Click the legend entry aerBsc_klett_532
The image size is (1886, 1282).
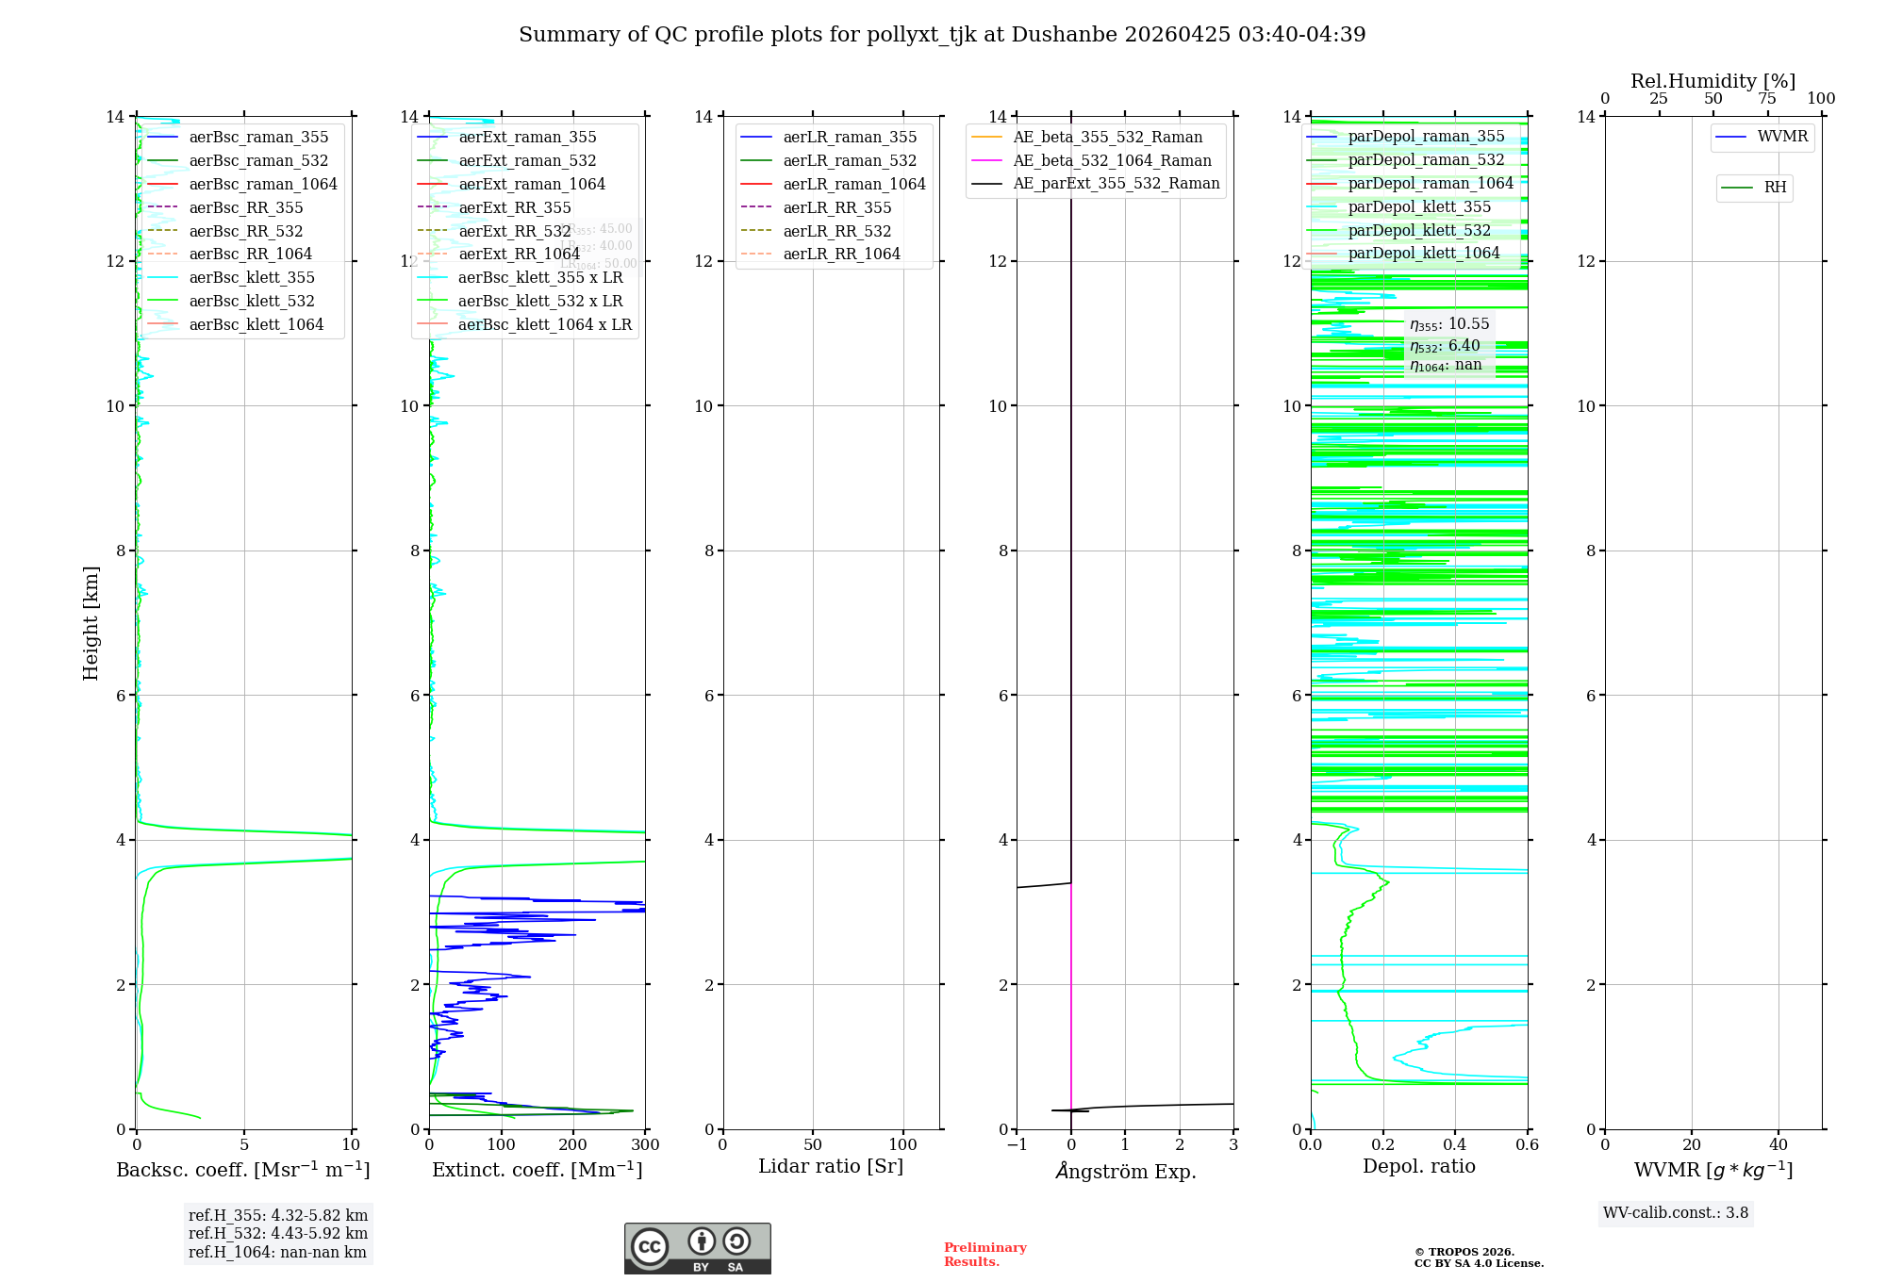click(x=252, y=301)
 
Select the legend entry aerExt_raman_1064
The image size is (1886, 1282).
click(x=532, y=184)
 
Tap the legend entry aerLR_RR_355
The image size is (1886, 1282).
click(x=836, y=207)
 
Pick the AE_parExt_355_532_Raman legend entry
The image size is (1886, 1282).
click(x=1116, y=183)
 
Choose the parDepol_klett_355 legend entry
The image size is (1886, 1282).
click(x=1419, y=206)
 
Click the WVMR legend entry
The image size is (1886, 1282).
click(x=1782, y=137)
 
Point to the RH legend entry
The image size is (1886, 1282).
click(x=1775, y=188)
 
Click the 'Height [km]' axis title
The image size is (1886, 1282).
click(x=91, y=623)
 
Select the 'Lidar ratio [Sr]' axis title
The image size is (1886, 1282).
click(x=831, y=1166)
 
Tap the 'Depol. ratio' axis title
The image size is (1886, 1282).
click(x=1418, y=1166)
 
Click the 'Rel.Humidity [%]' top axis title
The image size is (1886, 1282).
click(x=1712, y=81)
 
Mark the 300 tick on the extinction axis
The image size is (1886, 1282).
click(x=646, y=1145)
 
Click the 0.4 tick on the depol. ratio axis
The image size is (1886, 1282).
click(x=1455, y=1145)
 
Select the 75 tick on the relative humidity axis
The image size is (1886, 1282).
click(x=1767, y=99)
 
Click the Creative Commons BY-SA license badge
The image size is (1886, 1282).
click(x=697, y=1248)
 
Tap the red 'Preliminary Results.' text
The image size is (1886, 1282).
click(x=984, y=1254)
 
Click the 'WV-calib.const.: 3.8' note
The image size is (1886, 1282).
click(x=1676, y=1213)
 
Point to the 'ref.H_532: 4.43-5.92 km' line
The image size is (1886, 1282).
click(x=278, y=1233)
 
